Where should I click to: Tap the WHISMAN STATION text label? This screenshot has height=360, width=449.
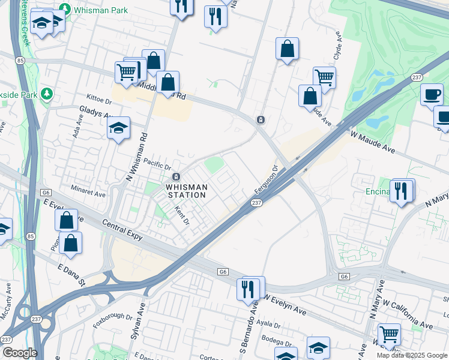click(187, 191)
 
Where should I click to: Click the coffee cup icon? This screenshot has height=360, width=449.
click(432, 94)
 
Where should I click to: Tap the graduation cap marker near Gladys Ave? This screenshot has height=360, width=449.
click(119, 128)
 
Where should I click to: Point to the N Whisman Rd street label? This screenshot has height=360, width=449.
click(135, 154)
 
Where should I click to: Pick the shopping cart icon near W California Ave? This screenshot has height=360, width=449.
click(390, 334)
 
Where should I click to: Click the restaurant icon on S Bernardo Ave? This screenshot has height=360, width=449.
click(248, 289)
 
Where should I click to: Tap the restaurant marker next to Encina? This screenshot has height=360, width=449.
click(401, 191)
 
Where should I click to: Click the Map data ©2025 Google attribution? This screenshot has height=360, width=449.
click(412, 355)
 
